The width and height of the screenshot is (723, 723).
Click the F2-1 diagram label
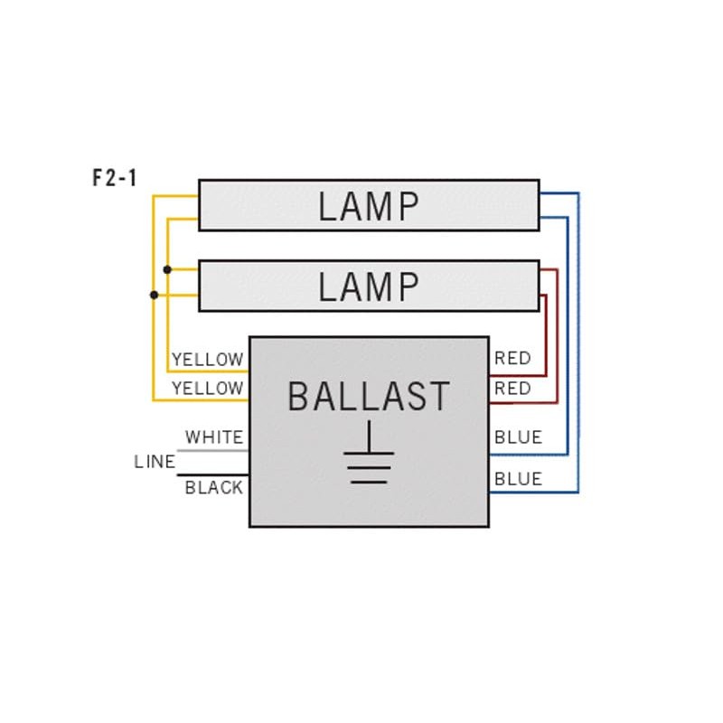click(115, 178)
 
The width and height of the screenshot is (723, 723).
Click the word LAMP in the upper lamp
click(369, 207)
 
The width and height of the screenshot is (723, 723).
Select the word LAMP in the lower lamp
click(369, 286)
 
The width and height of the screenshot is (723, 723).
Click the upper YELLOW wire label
click(208, 359)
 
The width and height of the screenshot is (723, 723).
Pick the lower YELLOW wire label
click(208, 388)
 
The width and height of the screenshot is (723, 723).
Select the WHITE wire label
click(214, 437)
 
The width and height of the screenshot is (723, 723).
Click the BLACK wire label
click(214, 488)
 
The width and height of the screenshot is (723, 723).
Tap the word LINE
click(155, 462)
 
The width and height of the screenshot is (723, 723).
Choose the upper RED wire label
click(512, 359)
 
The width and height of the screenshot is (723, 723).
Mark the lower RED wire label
click(512, 388)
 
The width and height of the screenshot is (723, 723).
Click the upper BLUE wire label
click(518, 437)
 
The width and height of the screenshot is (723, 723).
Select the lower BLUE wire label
click(518, 479)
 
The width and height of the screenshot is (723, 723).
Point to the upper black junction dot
click(167, 269)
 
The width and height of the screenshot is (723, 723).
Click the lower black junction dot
click(154, 295)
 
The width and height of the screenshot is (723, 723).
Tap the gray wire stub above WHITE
click(212, 449)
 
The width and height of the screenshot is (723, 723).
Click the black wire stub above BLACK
click(212, 474)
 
